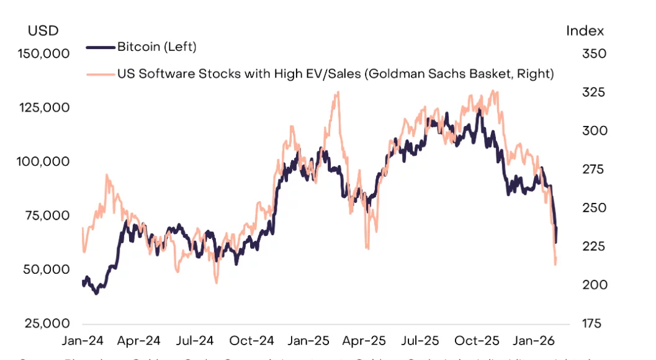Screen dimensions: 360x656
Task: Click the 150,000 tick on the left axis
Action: click(x=42, y=53)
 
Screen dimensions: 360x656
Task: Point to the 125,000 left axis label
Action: click(x=42, y=107)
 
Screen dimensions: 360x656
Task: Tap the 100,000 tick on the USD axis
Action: click(x=42, y=161)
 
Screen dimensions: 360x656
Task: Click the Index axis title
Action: click(x=585, y=30)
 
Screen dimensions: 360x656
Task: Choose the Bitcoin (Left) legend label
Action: click(x=156, y=47)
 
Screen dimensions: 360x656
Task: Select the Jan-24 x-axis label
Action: click(x=83, y=341)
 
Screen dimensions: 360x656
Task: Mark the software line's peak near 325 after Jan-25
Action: click(x=337, y=92)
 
